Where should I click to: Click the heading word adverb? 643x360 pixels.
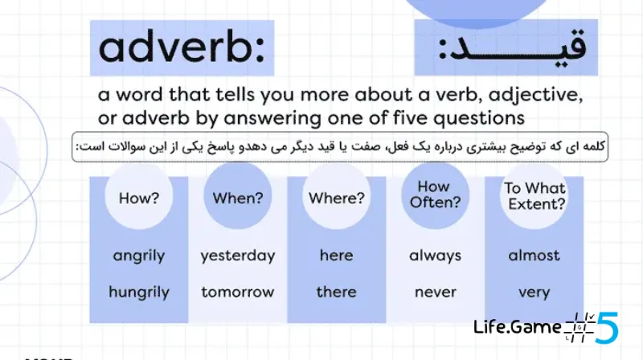(182, 47)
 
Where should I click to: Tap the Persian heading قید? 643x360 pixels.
(513, 47)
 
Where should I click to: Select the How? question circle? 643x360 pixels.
(138, 195)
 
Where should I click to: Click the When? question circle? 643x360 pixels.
(238, 195)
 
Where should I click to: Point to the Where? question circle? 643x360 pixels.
(337, 195)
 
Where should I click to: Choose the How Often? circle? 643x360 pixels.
(436, 195)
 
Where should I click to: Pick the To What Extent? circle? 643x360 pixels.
(534, 195)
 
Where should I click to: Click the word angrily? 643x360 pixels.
(139, 256)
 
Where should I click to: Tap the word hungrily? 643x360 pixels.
(139, 292)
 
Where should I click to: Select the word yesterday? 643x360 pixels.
(238, 256)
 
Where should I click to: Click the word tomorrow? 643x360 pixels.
(238, 292)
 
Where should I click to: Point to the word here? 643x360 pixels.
(336, 255)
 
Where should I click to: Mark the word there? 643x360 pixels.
(336, 292)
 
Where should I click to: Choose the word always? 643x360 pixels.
(435, 256)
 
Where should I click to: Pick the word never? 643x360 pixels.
(436, 292)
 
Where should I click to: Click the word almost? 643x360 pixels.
(534, 255)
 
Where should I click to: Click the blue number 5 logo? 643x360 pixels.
(607, 327)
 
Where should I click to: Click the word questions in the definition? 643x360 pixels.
(479, 118)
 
